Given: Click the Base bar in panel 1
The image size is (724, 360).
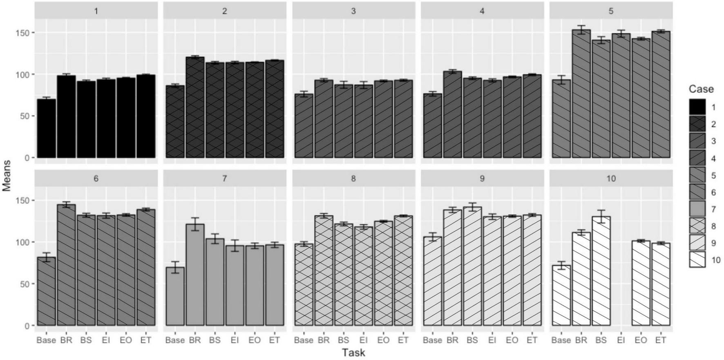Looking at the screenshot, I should tap(46, 128).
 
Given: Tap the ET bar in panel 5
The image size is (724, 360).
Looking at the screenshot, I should tap(661, 94).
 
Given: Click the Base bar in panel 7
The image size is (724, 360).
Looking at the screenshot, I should tap(175, 296).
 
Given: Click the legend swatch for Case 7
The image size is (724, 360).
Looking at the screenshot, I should tap(697, 209).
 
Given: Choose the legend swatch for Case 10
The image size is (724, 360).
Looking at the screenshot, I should tap(697, 260).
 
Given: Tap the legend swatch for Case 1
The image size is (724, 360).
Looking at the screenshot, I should tap(697, 107).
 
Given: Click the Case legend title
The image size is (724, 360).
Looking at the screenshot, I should tap(701, 89).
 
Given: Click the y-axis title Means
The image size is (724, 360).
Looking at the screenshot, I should tap(6, 176).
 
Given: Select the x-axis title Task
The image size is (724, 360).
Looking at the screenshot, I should tap(353, 353).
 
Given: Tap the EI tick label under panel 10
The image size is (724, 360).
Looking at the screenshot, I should tap(621, 340).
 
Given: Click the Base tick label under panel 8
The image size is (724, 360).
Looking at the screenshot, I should tap(304, 340).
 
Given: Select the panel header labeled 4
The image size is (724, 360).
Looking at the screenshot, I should tap(482, 11).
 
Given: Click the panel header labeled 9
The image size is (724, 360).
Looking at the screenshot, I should tap(482, 179).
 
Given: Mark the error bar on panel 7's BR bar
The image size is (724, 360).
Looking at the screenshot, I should tap(195, 224).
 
